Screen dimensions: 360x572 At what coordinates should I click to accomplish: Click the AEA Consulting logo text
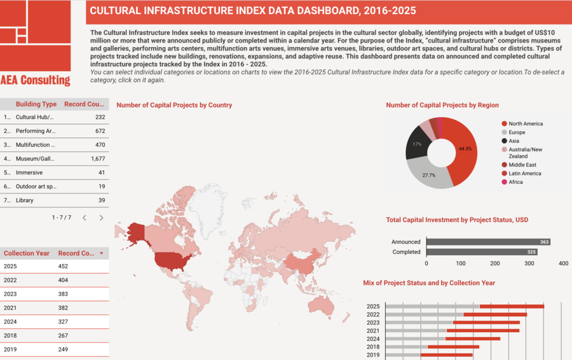tap(36, 80)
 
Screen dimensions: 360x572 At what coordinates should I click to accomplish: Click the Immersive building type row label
tap(29, 172)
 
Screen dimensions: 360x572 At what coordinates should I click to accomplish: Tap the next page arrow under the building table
tap(101, 218)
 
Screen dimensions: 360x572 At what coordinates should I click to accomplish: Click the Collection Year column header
tap(26, 253)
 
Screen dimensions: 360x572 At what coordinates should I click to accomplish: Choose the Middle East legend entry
tap(522, 165)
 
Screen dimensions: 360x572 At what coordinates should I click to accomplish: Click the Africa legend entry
tap(516, 182)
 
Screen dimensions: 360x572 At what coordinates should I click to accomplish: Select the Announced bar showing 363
tap(487, 242)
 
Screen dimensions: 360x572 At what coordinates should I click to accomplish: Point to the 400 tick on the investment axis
tap(563, 263)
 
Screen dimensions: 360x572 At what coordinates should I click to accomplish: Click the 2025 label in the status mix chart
tap(373, 307)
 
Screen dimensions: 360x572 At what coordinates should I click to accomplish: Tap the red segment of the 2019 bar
tap(446, 355)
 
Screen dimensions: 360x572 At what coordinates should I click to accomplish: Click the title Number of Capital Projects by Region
tap(442, 105)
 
